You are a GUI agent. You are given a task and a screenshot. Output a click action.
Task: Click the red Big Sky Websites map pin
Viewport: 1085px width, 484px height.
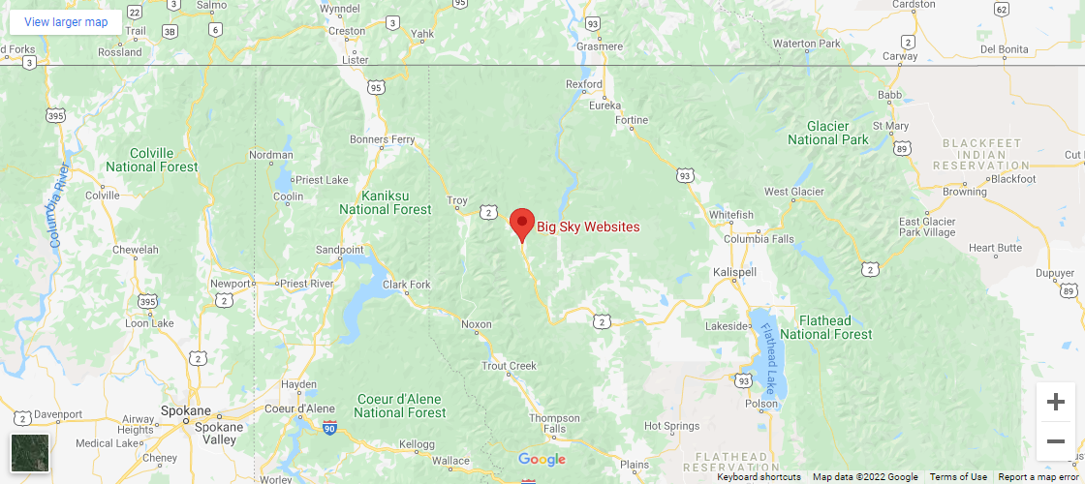coord(522,224)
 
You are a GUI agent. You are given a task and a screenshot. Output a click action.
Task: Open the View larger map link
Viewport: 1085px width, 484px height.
coord(66,22)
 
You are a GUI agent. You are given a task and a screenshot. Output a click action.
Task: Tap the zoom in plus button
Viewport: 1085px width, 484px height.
coord(1056,402)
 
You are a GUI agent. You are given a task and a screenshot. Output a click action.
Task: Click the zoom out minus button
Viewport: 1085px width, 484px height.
coord(1056,440)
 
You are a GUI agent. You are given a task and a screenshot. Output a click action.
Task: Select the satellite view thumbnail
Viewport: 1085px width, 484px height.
coord(30,453)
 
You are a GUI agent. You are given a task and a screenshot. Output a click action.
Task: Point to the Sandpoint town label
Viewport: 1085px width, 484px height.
coord(339,250)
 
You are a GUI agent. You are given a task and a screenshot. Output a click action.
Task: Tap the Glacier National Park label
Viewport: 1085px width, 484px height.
coord(828,133)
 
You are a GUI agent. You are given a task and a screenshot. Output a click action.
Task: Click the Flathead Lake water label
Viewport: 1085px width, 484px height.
coord(769,349)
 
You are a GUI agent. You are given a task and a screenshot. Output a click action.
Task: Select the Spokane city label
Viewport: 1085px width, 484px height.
coord(185,410)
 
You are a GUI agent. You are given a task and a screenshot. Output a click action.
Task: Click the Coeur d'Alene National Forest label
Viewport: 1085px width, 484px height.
coord(399,406)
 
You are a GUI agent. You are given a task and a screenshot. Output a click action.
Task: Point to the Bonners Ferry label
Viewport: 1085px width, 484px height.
coord(382,140)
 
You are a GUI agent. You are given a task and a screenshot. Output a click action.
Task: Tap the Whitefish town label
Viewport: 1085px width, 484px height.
coord(731,214)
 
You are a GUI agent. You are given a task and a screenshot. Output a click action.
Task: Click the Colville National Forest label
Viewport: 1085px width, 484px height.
coord(152,160)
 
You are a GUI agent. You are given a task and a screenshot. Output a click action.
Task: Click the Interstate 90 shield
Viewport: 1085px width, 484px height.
coord(329,428)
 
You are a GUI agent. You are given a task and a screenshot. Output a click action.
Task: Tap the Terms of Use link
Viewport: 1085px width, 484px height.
coord(958,476)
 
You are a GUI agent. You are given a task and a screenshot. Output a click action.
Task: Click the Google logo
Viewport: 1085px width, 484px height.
coord(542,459)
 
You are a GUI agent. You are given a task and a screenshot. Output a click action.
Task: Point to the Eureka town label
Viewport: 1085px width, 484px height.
coord(604,106)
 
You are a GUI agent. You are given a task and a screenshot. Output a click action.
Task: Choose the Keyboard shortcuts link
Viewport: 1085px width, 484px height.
coord(759,476)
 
